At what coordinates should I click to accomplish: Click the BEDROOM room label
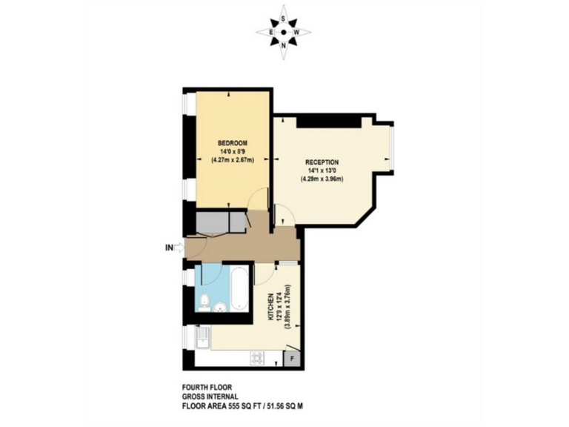232,142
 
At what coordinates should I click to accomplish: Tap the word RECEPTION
322,162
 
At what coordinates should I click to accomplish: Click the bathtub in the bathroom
240,291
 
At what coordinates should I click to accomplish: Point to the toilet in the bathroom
203,301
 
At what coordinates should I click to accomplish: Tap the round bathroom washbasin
219,307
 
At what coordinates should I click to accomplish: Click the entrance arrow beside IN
179,248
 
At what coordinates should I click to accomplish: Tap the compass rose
284,32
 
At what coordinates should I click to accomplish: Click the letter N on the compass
284,47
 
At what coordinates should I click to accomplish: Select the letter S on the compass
284,18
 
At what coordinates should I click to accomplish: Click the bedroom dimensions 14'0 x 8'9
232,151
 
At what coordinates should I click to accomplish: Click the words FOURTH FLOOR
203,386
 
